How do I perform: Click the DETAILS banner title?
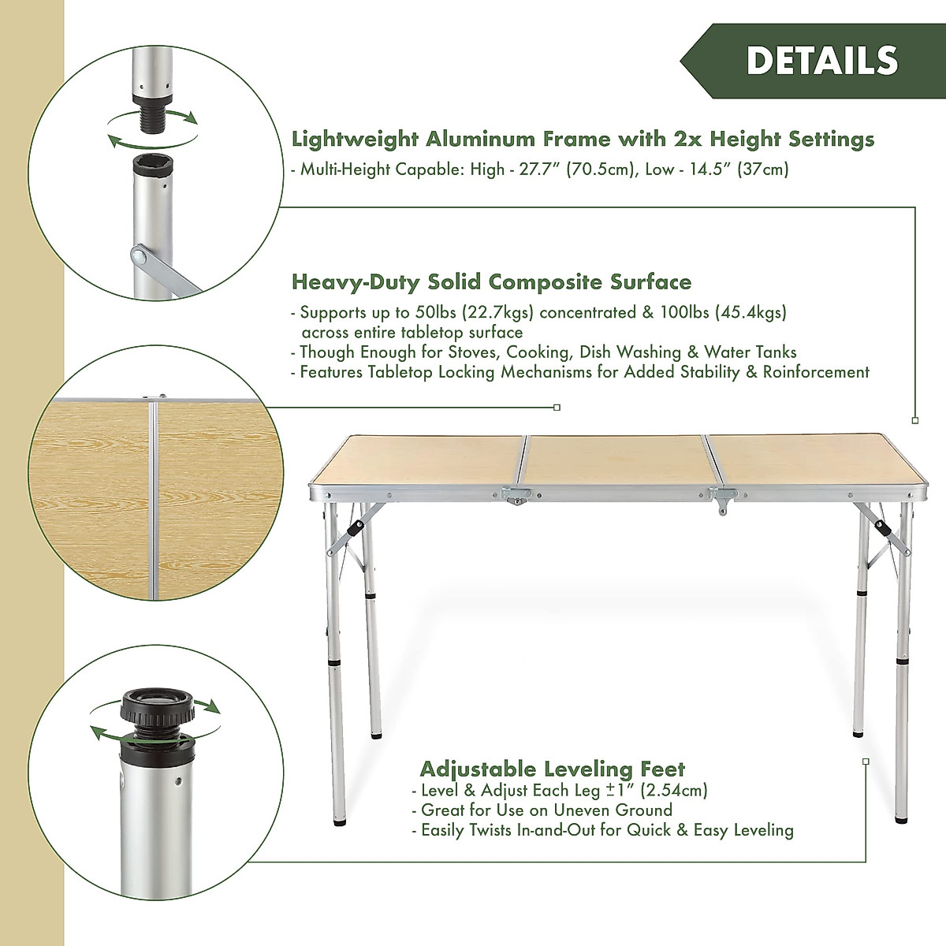821,61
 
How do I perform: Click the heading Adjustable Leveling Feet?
552,769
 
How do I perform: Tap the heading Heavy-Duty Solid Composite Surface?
491,281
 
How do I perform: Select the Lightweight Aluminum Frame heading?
583,140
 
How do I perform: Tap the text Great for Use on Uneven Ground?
546,810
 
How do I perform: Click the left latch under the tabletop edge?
517,496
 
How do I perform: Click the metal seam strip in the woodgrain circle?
153,505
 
